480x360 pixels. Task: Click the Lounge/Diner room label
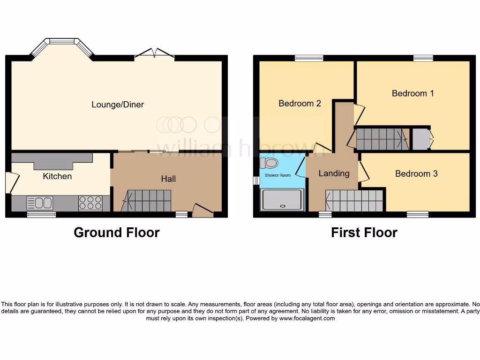click(117, 105)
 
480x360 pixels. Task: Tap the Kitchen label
click(57, 176)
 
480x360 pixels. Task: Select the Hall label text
click(168, 179)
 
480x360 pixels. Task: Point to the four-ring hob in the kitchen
click(90, 202)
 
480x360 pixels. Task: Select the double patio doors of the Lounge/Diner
click(154, 54)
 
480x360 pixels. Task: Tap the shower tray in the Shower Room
click(283, 199)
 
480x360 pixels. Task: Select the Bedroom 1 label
click(412, 93)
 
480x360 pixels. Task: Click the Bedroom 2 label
click(300, 103)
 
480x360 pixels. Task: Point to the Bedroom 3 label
click(416, 173)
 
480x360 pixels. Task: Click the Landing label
click(334, 173)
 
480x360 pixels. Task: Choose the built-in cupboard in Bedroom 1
click(421, 139)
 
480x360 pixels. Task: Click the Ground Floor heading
click(116, 232)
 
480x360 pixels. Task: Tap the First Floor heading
click(364, 232)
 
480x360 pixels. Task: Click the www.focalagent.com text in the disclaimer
click(307, 318)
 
